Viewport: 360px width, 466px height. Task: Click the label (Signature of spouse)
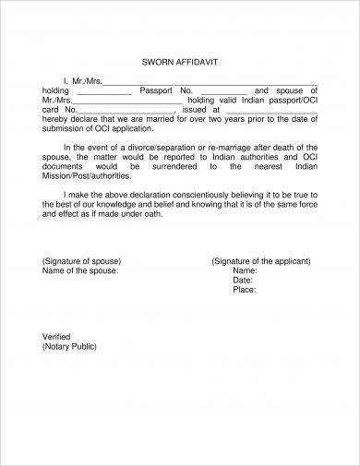(84, 261)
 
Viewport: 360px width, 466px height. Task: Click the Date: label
(244, 280)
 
